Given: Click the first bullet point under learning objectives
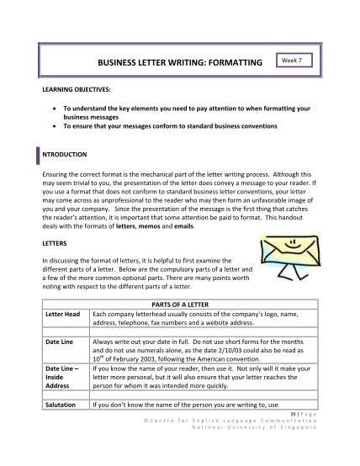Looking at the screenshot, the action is click(x=53, y=109).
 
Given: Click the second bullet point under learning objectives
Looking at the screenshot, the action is click(x=53, y=126).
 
